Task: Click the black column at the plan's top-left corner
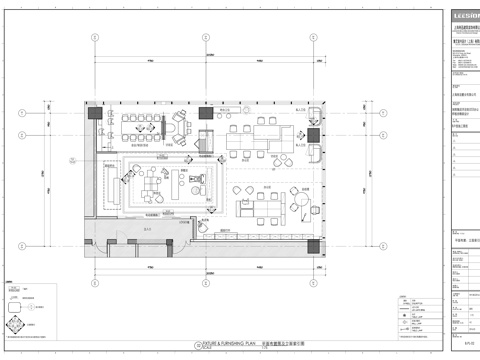pos(93,112)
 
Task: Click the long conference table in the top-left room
pos(140,126)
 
